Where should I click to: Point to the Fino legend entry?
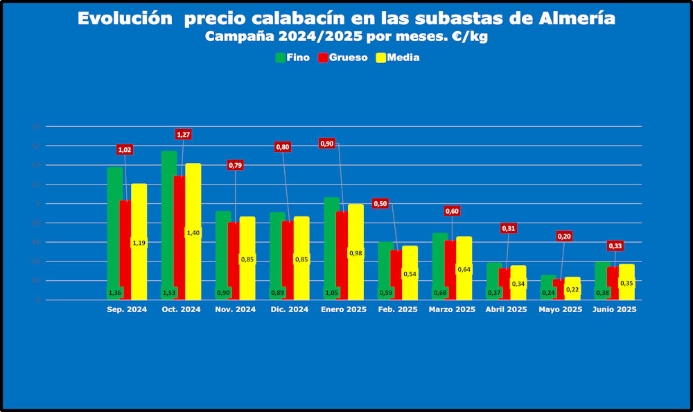tap(292, 58)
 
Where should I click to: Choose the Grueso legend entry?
tap(342, 58)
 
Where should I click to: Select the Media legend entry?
tap(397, 58)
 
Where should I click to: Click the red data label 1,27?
tap(183, 134)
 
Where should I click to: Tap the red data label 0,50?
tap(380, 203)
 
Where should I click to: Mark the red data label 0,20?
tap(565, 236)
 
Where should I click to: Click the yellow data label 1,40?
tap(193, 233)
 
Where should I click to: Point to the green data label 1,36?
tap(115, 293)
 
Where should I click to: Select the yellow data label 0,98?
tap(356, 253)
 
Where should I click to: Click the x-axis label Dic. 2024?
tap(289, 309)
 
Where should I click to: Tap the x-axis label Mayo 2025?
tap(560, 309)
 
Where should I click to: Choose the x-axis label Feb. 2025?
tap(398, 309)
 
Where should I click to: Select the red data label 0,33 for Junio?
tap(615, 246)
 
